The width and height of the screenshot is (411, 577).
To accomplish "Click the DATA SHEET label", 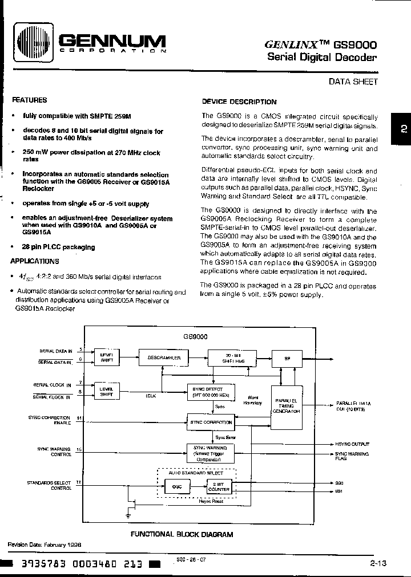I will coord(353,82).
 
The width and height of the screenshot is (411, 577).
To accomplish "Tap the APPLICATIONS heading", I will coord(35,261).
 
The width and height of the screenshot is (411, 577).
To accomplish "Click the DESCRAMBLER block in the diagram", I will coord(164,357).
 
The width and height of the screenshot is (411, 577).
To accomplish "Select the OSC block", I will coord(172,487).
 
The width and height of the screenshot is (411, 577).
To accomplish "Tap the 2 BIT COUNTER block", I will coord(219,486).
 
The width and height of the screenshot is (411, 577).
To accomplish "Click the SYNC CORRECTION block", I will coord(211,422).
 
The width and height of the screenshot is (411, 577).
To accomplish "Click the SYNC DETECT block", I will coord(211,390).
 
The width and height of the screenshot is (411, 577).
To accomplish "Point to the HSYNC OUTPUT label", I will coord(352,444).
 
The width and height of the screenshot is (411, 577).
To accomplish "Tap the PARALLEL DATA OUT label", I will coord(353,405).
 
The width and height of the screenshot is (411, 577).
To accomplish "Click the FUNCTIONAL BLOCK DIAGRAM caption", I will coord(182,534).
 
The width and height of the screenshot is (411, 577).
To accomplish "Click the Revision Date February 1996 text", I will coord(44,545).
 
